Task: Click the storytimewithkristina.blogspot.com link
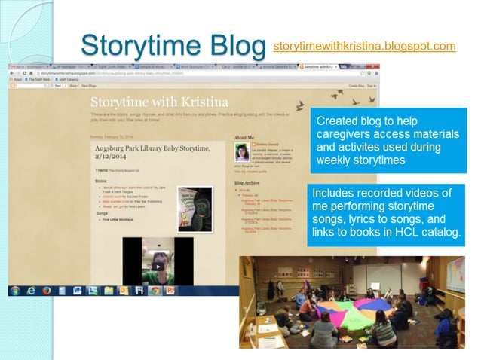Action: click(364, 47)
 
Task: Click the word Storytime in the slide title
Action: click(132, 44)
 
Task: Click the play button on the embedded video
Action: click(157, 266)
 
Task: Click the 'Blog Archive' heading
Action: click(250, 183)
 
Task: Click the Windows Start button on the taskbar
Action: click(16, 290)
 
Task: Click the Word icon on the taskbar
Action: click(77, 290)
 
